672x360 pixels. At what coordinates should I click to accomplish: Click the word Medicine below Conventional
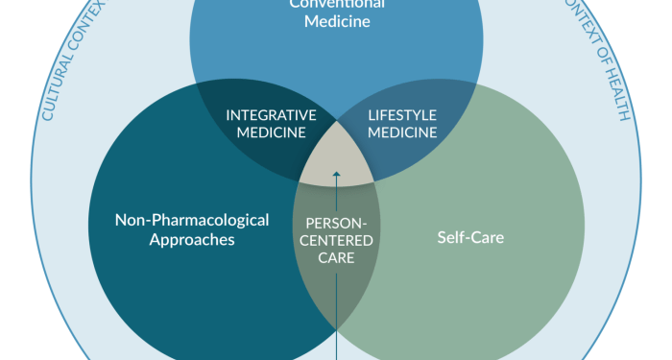336,22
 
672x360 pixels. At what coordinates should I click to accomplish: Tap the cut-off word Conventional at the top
336,4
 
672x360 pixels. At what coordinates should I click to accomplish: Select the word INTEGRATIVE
271,115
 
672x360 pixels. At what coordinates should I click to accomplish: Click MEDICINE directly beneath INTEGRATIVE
271,132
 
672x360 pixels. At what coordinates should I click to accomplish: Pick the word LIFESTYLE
403,115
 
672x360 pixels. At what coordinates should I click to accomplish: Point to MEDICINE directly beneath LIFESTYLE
403,132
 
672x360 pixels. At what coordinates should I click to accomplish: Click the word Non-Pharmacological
191,219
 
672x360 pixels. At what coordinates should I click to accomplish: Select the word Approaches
191,240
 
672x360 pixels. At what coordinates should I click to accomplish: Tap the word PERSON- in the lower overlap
336,220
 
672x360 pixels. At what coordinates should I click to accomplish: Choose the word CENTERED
336,238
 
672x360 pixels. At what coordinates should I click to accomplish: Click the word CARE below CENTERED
336,256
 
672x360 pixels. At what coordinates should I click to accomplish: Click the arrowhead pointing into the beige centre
336,175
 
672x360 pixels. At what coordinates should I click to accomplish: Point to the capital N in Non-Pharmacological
121,219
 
